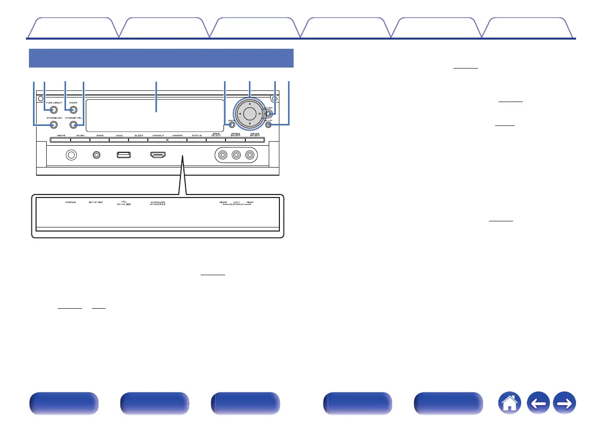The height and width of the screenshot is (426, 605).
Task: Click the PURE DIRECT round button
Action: (53, 109)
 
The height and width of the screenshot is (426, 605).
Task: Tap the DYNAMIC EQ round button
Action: (53, 124)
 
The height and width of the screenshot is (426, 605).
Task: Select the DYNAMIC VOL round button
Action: (74, 124)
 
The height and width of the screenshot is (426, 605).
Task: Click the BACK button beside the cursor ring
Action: (231, 124)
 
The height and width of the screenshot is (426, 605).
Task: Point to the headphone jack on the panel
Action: (72, 155)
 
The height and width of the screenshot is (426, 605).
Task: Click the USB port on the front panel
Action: (124, 155)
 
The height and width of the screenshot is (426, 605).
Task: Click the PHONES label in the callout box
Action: (70, 202)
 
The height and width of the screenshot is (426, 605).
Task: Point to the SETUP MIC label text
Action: (95, 202)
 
